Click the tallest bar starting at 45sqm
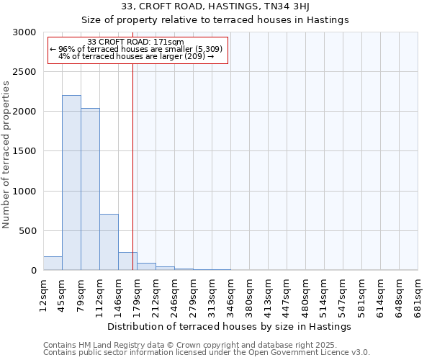pos(71,183)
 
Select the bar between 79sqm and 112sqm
pos(90,189)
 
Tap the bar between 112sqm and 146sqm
pos(109,242)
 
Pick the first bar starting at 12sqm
pos(53,264)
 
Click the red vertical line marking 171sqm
pos(132,166)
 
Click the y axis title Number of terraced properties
pos(6,155)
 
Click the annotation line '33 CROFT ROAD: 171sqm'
pos(135,42)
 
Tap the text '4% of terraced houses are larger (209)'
pos(136,56)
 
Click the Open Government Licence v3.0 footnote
pos(207,353)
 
